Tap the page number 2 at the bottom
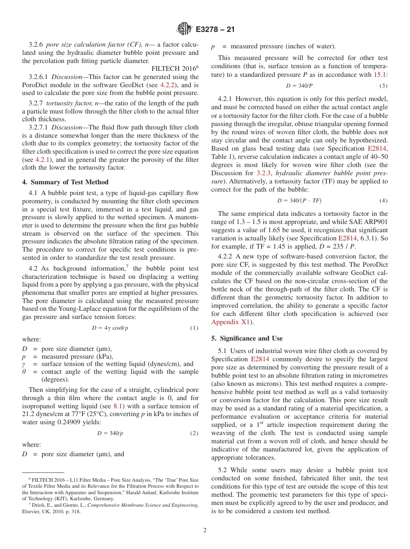pyautogui.click(x=205, y=530)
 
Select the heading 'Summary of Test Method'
pyautogui.click(x=69, y=182)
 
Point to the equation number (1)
pyautogui.click(x=194, y=328)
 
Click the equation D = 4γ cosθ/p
pyautogui.click(x=110, y=328)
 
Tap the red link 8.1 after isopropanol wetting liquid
pyautogui.click(x=118, y=406)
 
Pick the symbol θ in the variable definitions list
pyautogui.click(x=24, y=372)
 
